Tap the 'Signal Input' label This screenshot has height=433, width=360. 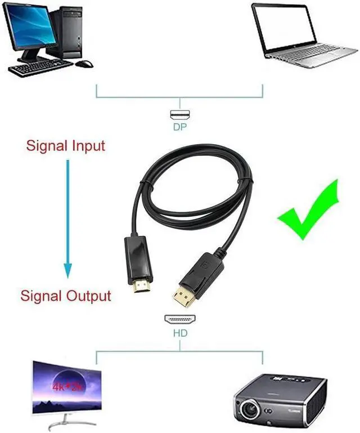[x=66, y=146]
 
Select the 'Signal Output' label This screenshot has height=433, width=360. [x=66, y=296]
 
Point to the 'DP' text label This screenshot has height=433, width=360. [x=180, y=127]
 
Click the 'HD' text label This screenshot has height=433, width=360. [x=180, y=333]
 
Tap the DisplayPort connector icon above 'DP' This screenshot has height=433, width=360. [x=180, y=115]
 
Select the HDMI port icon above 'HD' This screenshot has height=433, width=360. [x=180, y=319]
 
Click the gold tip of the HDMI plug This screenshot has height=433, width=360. [x=139, y=292]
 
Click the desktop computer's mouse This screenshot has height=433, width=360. [x=85, y=63]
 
